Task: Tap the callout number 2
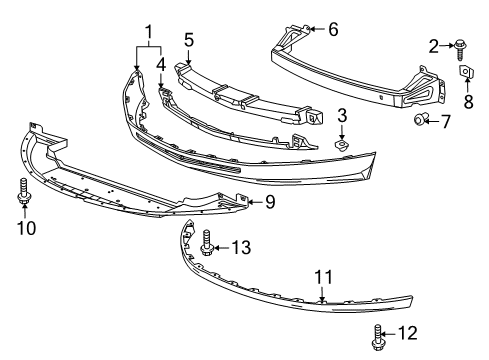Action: (434, 44)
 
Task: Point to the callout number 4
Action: (161, 65)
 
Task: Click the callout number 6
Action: (332, 29)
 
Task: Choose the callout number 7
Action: (445, 121)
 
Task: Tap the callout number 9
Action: (269, 204)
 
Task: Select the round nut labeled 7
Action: (422, 121)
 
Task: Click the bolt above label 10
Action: (22, 191)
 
